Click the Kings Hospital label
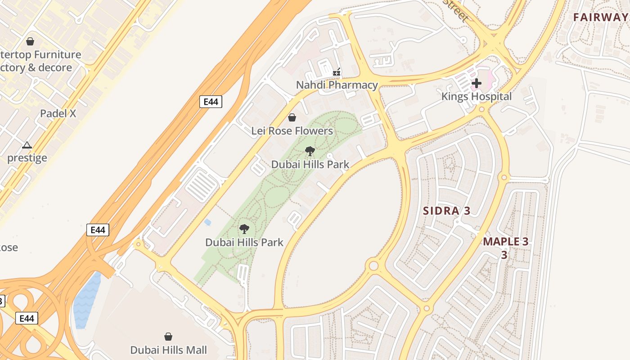[476, 96]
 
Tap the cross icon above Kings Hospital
[476, 83]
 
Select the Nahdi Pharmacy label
[337, 85]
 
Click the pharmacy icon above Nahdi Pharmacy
[337, 72]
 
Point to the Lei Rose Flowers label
[292, 131]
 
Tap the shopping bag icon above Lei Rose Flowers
[292, 117]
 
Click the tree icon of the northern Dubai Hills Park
[310, 151]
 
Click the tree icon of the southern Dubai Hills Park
[244, 229]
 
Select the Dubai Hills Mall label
[168, 350]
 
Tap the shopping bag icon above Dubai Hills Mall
[168, 337]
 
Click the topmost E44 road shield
[211, 102]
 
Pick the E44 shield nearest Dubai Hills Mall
[27, 319]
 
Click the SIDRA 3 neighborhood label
[446, 211]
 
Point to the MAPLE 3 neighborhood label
[505, 242]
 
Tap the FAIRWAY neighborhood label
[601, 18]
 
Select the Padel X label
[58, 113]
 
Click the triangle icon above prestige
[27, 145]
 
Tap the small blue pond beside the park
[207, 222]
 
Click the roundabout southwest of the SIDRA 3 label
[373, 265]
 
